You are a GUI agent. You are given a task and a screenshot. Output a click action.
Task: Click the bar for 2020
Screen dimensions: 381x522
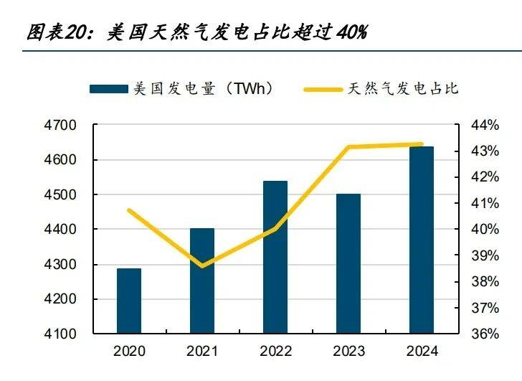point(129,301)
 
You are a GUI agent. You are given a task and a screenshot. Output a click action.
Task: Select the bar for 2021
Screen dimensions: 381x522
point(202,281)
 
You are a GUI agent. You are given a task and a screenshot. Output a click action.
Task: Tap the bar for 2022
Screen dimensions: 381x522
point(275,257)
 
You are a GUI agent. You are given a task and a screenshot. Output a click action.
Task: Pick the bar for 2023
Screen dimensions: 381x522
point(348,263)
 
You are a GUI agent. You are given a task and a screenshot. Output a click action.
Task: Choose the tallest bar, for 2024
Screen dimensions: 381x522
point(422,240)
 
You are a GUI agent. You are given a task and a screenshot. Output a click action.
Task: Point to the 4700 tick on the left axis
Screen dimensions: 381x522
point(64,126)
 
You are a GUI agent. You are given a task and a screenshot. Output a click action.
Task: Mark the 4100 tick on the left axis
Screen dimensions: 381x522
point(64,334)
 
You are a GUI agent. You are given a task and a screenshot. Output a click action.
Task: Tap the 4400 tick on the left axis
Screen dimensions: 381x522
point(64,230)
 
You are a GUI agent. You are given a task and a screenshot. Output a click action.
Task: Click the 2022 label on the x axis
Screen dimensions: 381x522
point(275,352)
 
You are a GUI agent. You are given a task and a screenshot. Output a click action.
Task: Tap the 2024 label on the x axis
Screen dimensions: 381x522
point(422,352)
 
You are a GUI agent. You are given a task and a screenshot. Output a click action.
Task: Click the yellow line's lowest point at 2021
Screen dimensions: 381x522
point(202,265)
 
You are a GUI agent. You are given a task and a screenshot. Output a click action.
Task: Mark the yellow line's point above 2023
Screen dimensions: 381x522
point(348,147)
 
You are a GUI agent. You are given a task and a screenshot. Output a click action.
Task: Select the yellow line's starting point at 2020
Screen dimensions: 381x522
point(129,210)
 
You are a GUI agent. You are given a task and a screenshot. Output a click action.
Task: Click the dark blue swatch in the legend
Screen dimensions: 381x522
point(108,89)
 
